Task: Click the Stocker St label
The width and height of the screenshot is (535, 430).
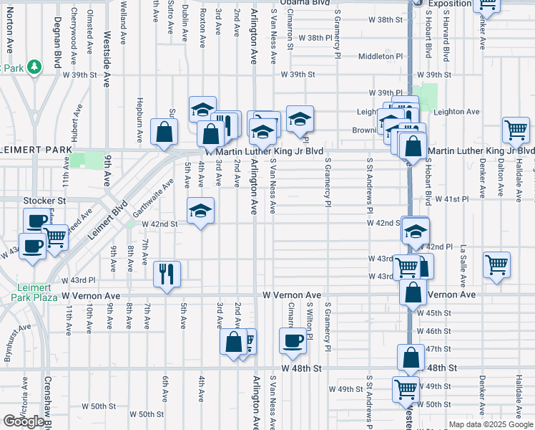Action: coord(44,201)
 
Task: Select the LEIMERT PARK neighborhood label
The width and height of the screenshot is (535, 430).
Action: coord(36,150)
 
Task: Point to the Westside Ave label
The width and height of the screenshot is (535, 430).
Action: coord(108,49)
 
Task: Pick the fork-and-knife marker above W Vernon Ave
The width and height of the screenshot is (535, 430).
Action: coord(167,273)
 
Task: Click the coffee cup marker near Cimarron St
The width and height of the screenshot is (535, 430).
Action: coord(292,341)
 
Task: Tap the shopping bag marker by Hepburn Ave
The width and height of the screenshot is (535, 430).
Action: coord(165,132)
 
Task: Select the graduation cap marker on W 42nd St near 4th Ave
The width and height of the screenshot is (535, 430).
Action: coord(201,210)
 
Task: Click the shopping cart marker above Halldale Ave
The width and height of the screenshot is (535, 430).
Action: coord(516,130)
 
